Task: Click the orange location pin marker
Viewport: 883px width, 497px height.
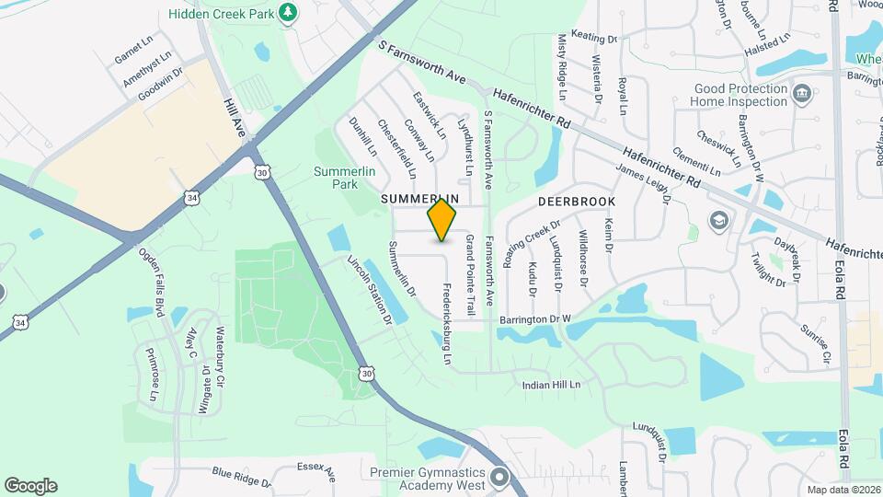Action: click(442, 219)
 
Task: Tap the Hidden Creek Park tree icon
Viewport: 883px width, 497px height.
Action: click(289, 12)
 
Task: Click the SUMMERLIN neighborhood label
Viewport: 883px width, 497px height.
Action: click(419, 199)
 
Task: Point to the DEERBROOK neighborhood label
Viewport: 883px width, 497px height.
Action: click(576, 200)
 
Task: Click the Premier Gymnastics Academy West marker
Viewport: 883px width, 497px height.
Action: click(499, 478)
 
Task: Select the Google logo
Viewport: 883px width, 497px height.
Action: click(30, 485)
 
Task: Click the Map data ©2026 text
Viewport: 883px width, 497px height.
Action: click(843, 490)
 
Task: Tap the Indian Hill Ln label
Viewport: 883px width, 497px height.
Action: click(551, 385)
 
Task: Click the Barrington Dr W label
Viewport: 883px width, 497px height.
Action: click(535, 319)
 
